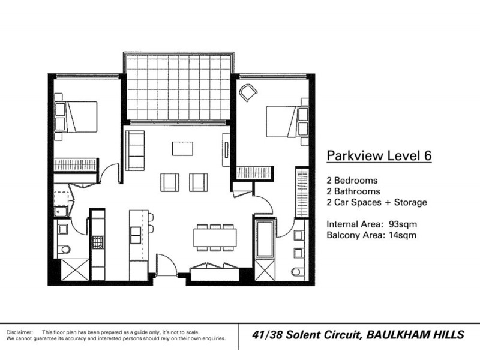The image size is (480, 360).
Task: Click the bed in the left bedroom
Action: point(80,116)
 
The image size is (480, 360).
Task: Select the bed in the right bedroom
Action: point(283,122)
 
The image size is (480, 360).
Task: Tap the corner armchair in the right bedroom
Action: point(248,92)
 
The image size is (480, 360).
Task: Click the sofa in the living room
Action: point(135,150)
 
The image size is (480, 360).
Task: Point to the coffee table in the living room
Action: point(182,148)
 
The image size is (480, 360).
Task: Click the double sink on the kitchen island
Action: point(136,235)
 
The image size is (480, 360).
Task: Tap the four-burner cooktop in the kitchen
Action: point(97,242)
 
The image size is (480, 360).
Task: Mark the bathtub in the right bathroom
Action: point(265,239)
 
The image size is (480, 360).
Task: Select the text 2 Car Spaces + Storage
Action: point(377,202)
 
